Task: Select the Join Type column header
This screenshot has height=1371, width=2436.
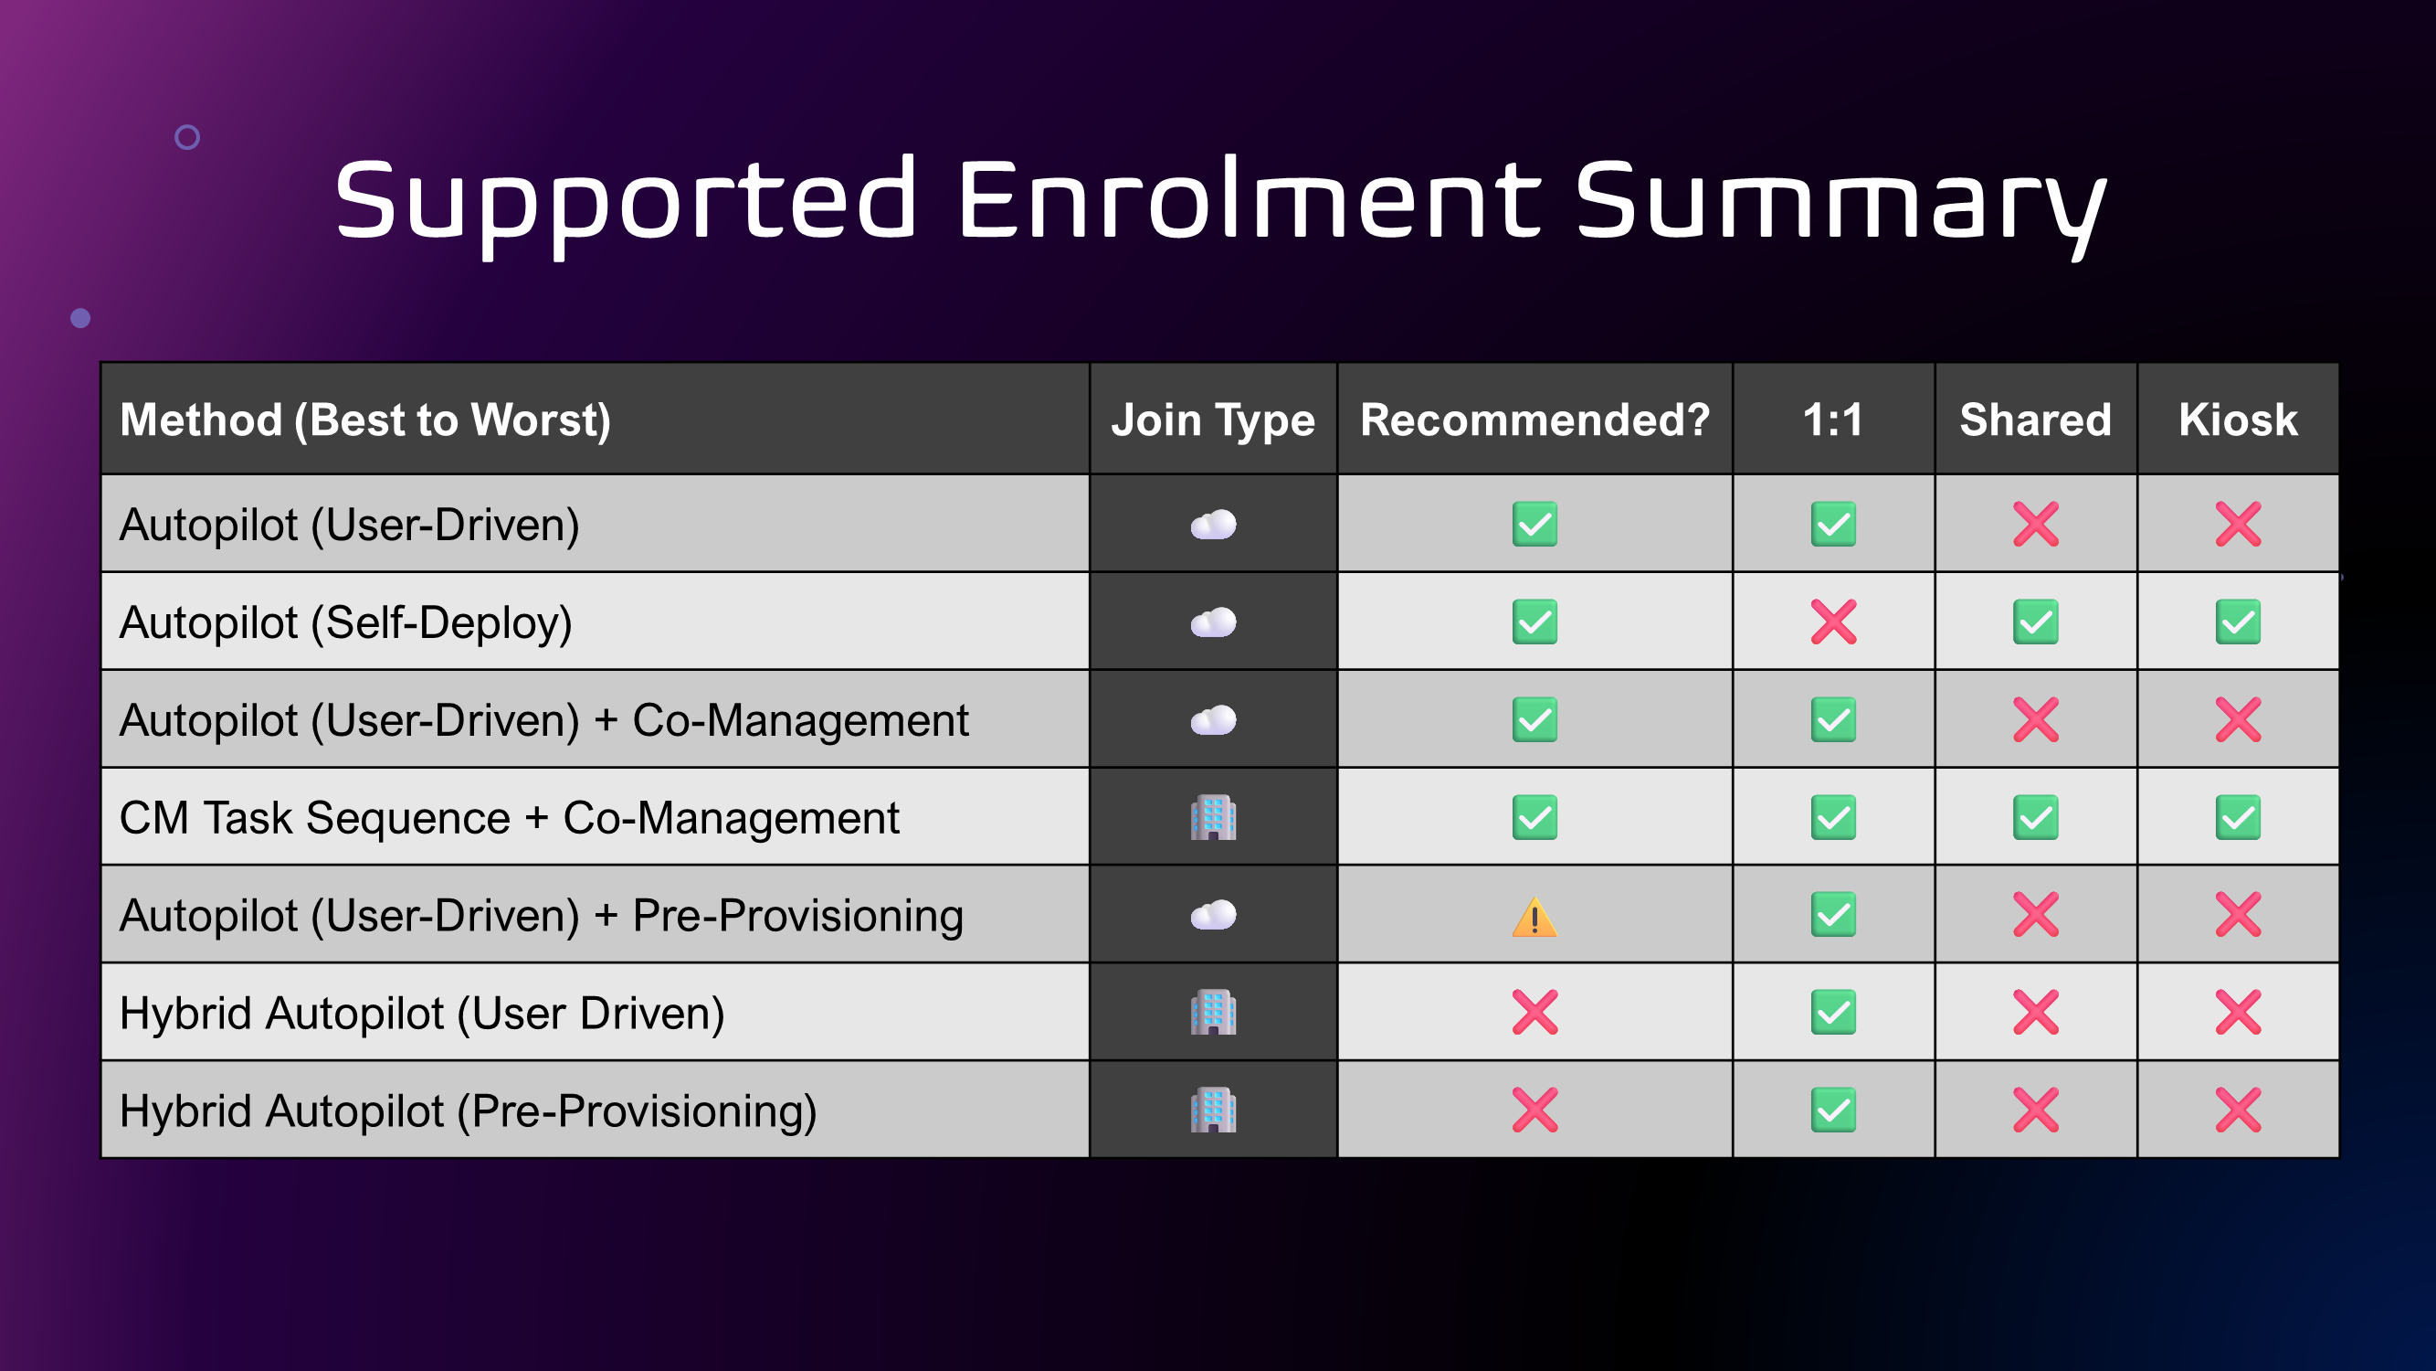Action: [1212, 420]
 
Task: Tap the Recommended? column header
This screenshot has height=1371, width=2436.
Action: [1534, 420]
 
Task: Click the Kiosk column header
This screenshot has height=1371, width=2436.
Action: [2238, 420]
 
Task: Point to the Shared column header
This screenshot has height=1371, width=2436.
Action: [2035, 420]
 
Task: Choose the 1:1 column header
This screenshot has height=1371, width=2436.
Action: [1832, 420]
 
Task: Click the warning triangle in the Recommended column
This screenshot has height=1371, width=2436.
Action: [1534, 916]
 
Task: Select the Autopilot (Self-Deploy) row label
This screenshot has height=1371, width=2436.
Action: [346, 623]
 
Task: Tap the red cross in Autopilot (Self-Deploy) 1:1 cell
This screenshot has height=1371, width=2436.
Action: [1833, 622]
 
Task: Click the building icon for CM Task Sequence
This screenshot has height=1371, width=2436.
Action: [1213, 817]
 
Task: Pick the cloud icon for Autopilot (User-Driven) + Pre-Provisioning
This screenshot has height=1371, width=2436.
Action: [1213, 915]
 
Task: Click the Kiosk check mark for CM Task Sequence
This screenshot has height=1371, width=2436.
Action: [2238, 817]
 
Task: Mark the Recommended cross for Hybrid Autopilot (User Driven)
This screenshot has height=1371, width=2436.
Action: [1534, 1013]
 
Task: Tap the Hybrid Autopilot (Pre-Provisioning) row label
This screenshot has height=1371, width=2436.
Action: [468, 1111]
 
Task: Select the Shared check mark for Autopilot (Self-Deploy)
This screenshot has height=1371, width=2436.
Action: [2035, 622]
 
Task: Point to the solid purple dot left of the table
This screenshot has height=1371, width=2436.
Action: [80, 318]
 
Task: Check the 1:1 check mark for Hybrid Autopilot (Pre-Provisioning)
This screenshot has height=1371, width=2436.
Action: [1833, 1110]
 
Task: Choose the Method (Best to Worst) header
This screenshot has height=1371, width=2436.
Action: [365, 420]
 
